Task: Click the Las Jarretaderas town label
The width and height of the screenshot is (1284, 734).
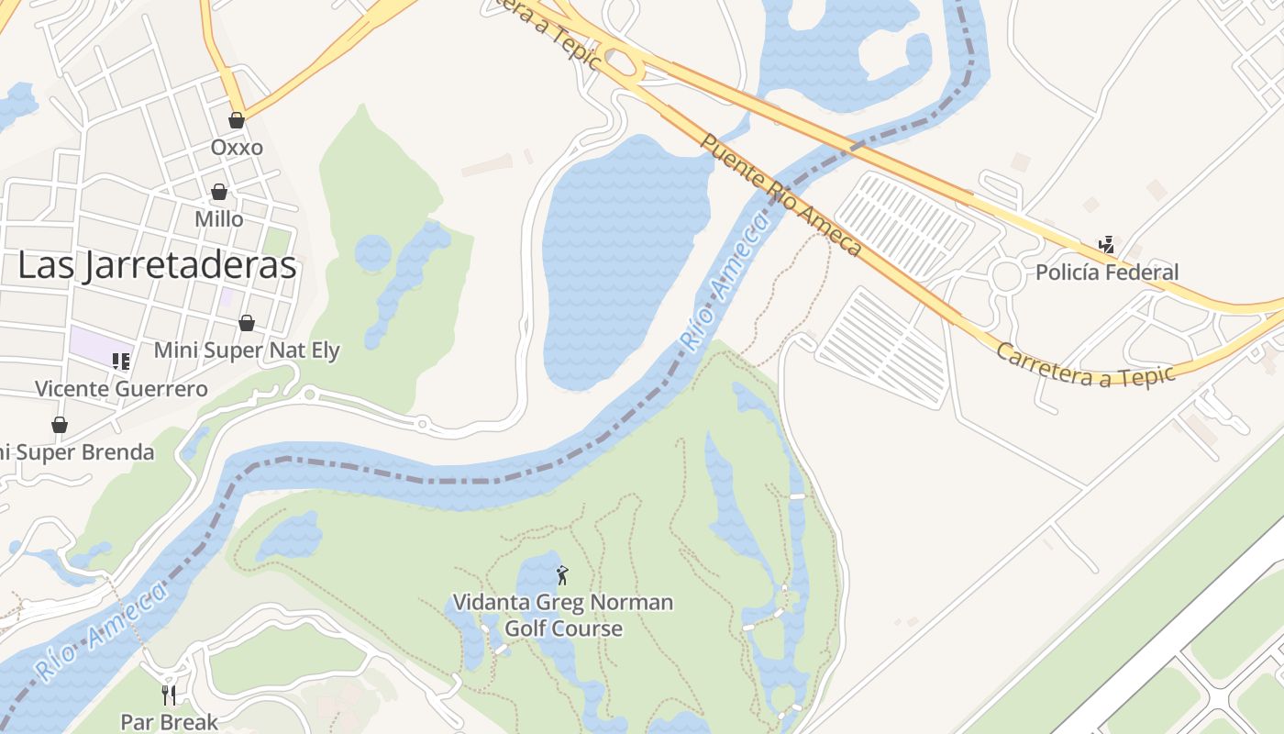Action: [157, 265]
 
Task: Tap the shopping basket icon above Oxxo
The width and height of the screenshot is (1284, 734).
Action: [237, 120]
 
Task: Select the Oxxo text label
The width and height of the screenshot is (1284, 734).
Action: [237, 148]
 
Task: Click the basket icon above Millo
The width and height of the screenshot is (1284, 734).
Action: [219, 192]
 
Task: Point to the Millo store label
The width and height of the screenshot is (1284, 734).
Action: [219, 219]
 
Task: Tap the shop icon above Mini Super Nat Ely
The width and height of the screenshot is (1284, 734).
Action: [247, 323]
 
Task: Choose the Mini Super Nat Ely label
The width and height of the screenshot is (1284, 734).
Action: [247, 350]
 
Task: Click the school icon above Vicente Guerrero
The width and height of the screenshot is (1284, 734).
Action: [121, 361]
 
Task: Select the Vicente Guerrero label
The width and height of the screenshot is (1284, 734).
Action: [121, 389]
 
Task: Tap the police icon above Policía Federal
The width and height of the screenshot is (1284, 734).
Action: [1107, 244]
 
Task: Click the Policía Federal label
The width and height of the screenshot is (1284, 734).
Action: [1107, 272]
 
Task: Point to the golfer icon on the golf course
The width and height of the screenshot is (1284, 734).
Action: [563, 575]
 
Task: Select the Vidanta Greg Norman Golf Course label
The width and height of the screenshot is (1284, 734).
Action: [563, 616]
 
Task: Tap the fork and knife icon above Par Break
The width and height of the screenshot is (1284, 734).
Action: [169, 695]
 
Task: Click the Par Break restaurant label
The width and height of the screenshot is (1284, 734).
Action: [170, 722]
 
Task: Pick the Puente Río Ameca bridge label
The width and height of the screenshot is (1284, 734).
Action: [780, 195]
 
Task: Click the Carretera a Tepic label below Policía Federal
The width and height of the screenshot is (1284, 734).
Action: [1085, 365]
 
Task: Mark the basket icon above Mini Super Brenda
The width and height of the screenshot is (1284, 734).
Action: [60, 425]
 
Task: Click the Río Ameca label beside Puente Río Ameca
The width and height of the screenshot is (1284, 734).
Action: [722, 281]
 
